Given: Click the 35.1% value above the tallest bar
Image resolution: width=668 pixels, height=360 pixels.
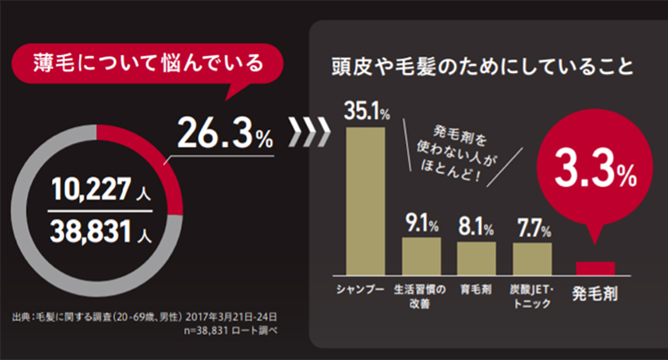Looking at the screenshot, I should click(x=367, y=113).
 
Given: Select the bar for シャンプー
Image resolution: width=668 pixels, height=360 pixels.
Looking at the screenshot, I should click(x=365, y=200).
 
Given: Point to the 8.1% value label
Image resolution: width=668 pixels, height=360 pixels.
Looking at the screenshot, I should click(x=476, y=226).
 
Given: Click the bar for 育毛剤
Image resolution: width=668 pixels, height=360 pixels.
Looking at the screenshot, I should click(x=476, y=258).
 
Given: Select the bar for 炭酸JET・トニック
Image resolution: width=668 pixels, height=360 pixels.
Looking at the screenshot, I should click(x=532, y=258).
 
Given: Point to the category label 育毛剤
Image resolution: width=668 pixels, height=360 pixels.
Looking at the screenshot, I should click(x=476, y=290).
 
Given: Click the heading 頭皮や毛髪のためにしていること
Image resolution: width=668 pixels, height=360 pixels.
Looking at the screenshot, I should click(x=481, y=68).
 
